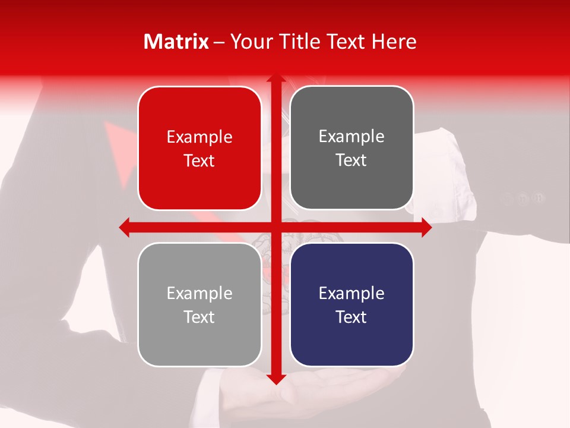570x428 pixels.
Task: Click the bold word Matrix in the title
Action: pos(176,42)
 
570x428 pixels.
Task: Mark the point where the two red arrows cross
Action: pos(275,226)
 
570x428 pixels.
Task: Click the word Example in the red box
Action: pos(199,137)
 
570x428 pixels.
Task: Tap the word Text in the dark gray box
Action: pos(351,160)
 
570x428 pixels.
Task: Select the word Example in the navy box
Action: pos(351,293)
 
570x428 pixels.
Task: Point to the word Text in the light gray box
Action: pos(199,317)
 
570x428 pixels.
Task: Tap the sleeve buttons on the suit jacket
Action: pos(522,198)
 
